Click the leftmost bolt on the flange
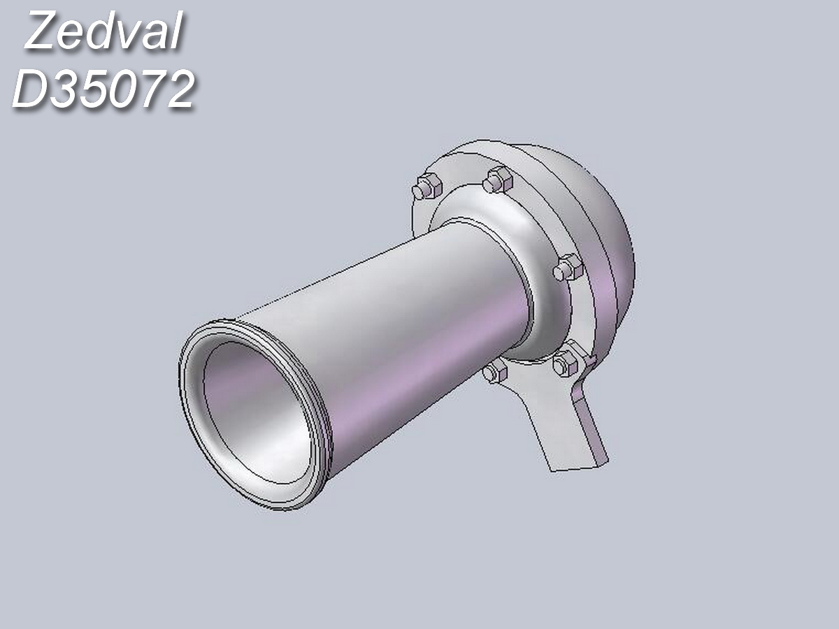(424, 187)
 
